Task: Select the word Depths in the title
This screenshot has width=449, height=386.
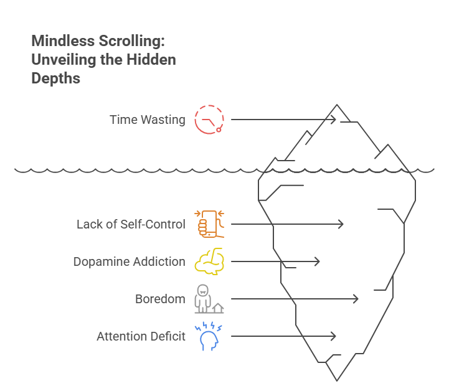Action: (56, 79)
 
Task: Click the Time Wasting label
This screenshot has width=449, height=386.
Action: (148, 120)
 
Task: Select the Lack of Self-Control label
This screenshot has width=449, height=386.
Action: (131, 224)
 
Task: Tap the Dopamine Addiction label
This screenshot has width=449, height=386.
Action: (129, 261)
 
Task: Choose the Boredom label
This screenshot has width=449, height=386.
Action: (160, 299)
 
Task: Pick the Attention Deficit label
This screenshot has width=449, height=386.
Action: (141, 336)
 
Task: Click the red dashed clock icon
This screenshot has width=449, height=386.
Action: (209, 120)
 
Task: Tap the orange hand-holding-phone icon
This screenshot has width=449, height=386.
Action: (210, 224)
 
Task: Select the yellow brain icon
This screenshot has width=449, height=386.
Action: (209, 261)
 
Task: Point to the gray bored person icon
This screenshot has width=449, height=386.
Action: (208, 299)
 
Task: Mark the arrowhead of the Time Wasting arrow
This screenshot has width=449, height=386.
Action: (334, 120)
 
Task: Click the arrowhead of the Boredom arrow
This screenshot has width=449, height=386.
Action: (357, 299)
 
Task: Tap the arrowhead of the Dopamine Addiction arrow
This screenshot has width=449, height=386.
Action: (318, 261)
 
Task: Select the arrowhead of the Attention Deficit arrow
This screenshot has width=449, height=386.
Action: (334, 336)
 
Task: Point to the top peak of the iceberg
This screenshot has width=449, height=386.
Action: (337, 105)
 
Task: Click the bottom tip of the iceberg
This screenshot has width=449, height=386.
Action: (337, 380)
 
